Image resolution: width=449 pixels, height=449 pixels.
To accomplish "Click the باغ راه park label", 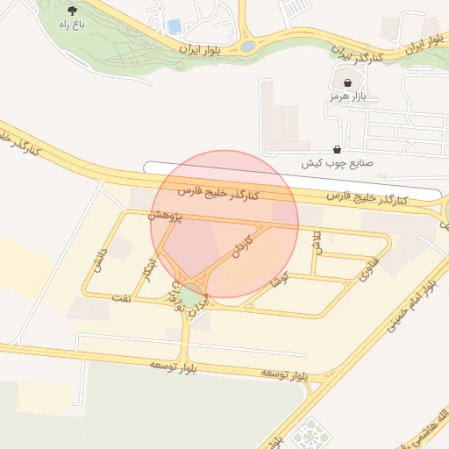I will (x=70, y=25).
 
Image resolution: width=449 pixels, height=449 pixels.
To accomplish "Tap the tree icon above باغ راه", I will (x=71, y=11).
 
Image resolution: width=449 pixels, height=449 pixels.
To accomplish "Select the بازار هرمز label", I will (x=346, y=96).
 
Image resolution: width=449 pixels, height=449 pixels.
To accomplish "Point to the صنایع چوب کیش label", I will (x=338, y=163).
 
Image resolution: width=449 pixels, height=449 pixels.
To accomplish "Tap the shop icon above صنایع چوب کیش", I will (x=339, y=149).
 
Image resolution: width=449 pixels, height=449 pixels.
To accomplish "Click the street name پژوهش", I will (x=165, y=215).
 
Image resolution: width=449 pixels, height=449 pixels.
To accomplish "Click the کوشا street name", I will (x=280, y=281).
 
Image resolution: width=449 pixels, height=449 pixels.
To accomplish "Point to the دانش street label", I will (x=98, y=259).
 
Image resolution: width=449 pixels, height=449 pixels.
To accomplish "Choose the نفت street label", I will (x=122, y=297).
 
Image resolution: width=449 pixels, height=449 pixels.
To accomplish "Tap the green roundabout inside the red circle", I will (x=190, y=289).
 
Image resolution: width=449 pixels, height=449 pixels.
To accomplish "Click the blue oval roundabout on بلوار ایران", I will (x=248, y=46).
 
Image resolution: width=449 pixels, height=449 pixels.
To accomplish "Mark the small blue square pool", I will (x=175, y=26).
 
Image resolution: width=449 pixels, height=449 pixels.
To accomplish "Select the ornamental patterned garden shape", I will (x=307, y=434).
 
